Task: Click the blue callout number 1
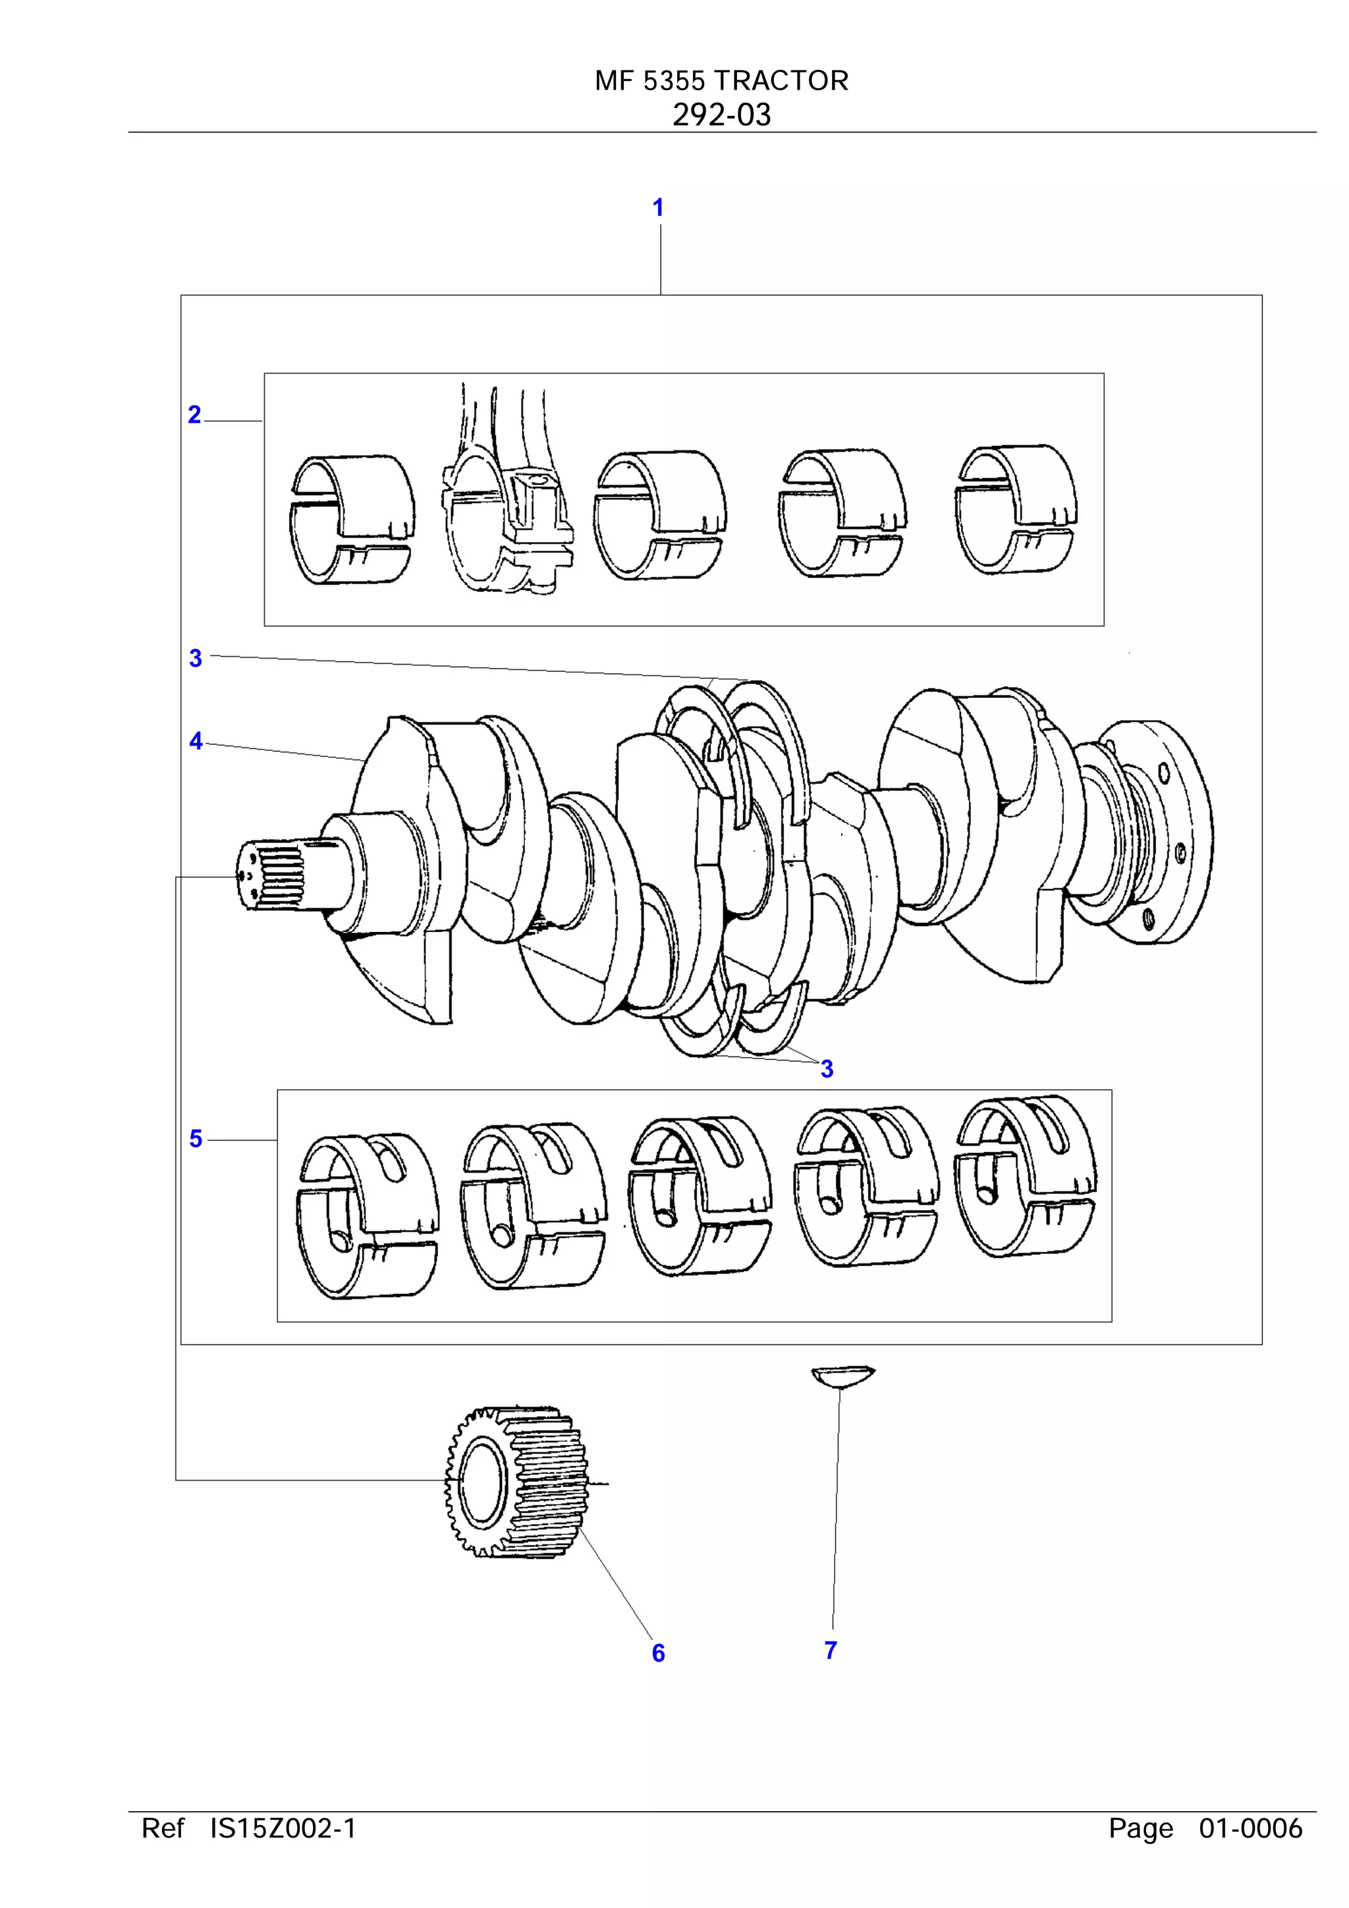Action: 657,207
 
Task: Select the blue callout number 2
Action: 194,415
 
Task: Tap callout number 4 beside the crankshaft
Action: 196,740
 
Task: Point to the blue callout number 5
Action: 196,1139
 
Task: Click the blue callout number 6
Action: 658,1653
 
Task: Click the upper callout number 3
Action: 196,658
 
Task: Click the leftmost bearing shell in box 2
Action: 352,520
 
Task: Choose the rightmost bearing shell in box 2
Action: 1016,508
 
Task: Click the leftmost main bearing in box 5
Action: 366,1215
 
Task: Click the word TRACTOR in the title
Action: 781,80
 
